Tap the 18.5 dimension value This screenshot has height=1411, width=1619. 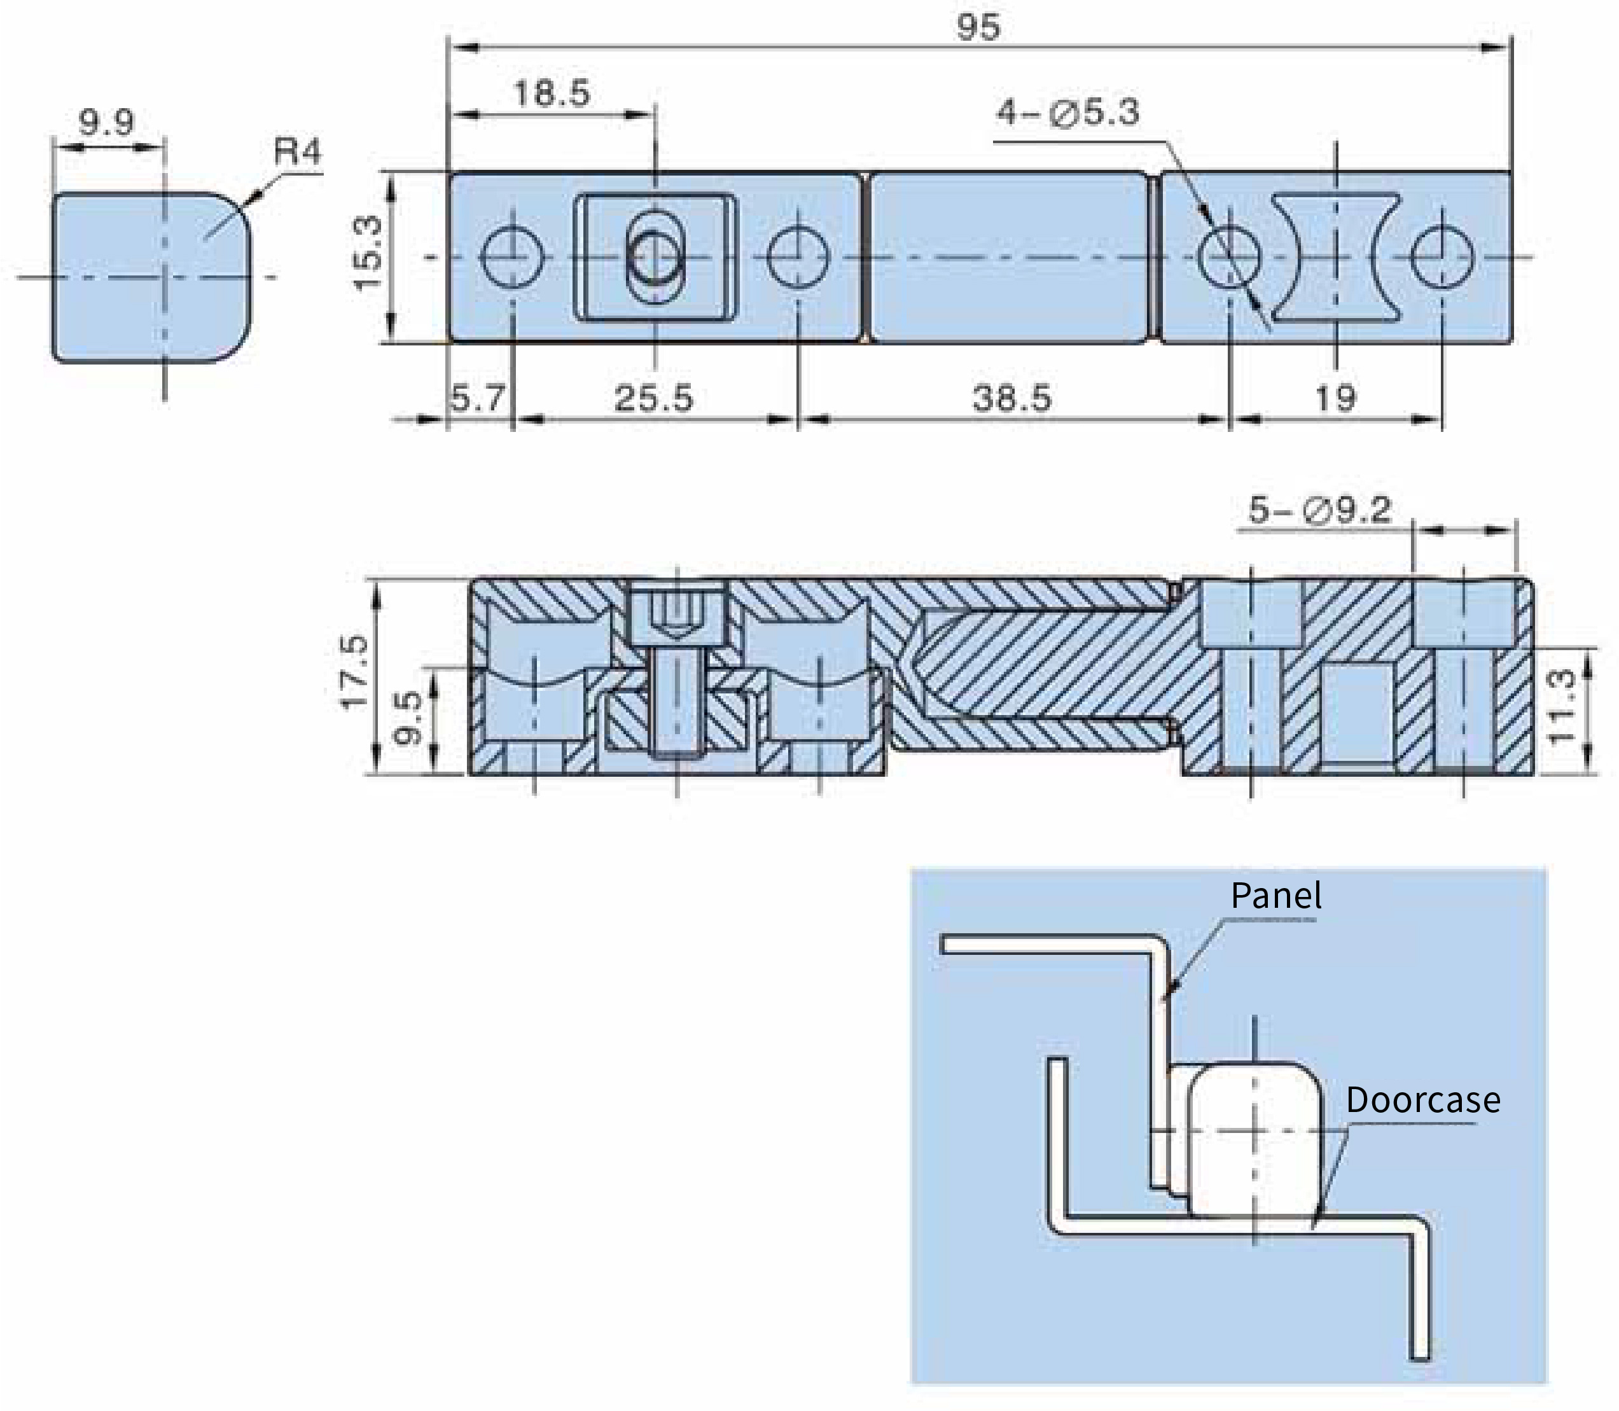pyautogui.click(x=551, y=94)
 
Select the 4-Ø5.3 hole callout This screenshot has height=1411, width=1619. pyautogui.click(x=1068, y=113)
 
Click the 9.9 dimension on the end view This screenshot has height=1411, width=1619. pyautogui.click(x=107, y=122)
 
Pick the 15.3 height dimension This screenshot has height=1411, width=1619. pyautogui.click(x=368, y=254)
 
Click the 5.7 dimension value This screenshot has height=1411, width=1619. pyautogui.click(x=477, y=398)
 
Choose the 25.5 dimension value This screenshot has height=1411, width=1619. pyautogui.click(x=653, y=398)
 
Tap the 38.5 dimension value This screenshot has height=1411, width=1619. pyautogui.click(x=1013, y=398)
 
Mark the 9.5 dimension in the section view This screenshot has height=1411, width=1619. pyautogui.click(x=408, y=718)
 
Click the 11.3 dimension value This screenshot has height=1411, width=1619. pyautogui.click(x=1562, y=706)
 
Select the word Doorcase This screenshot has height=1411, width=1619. pyautogui.click(x=1423, y=1099)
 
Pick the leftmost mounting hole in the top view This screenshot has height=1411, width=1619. pyautogui.click(x=512, y=256)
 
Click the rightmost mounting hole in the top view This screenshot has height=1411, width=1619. pyautogui.click(x=1442, y=256)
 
